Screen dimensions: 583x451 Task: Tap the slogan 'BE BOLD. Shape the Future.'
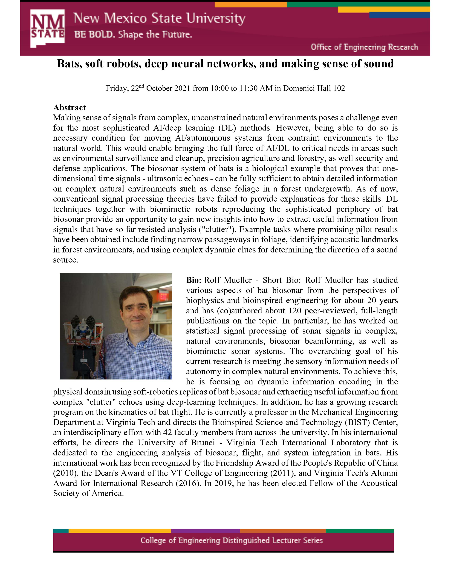133,34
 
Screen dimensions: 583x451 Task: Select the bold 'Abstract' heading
70,108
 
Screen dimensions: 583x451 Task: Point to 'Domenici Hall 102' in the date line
314,88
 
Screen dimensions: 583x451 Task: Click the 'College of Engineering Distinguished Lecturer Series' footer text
232,541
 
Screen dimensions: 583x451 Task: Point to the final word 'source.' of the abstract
65,260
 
